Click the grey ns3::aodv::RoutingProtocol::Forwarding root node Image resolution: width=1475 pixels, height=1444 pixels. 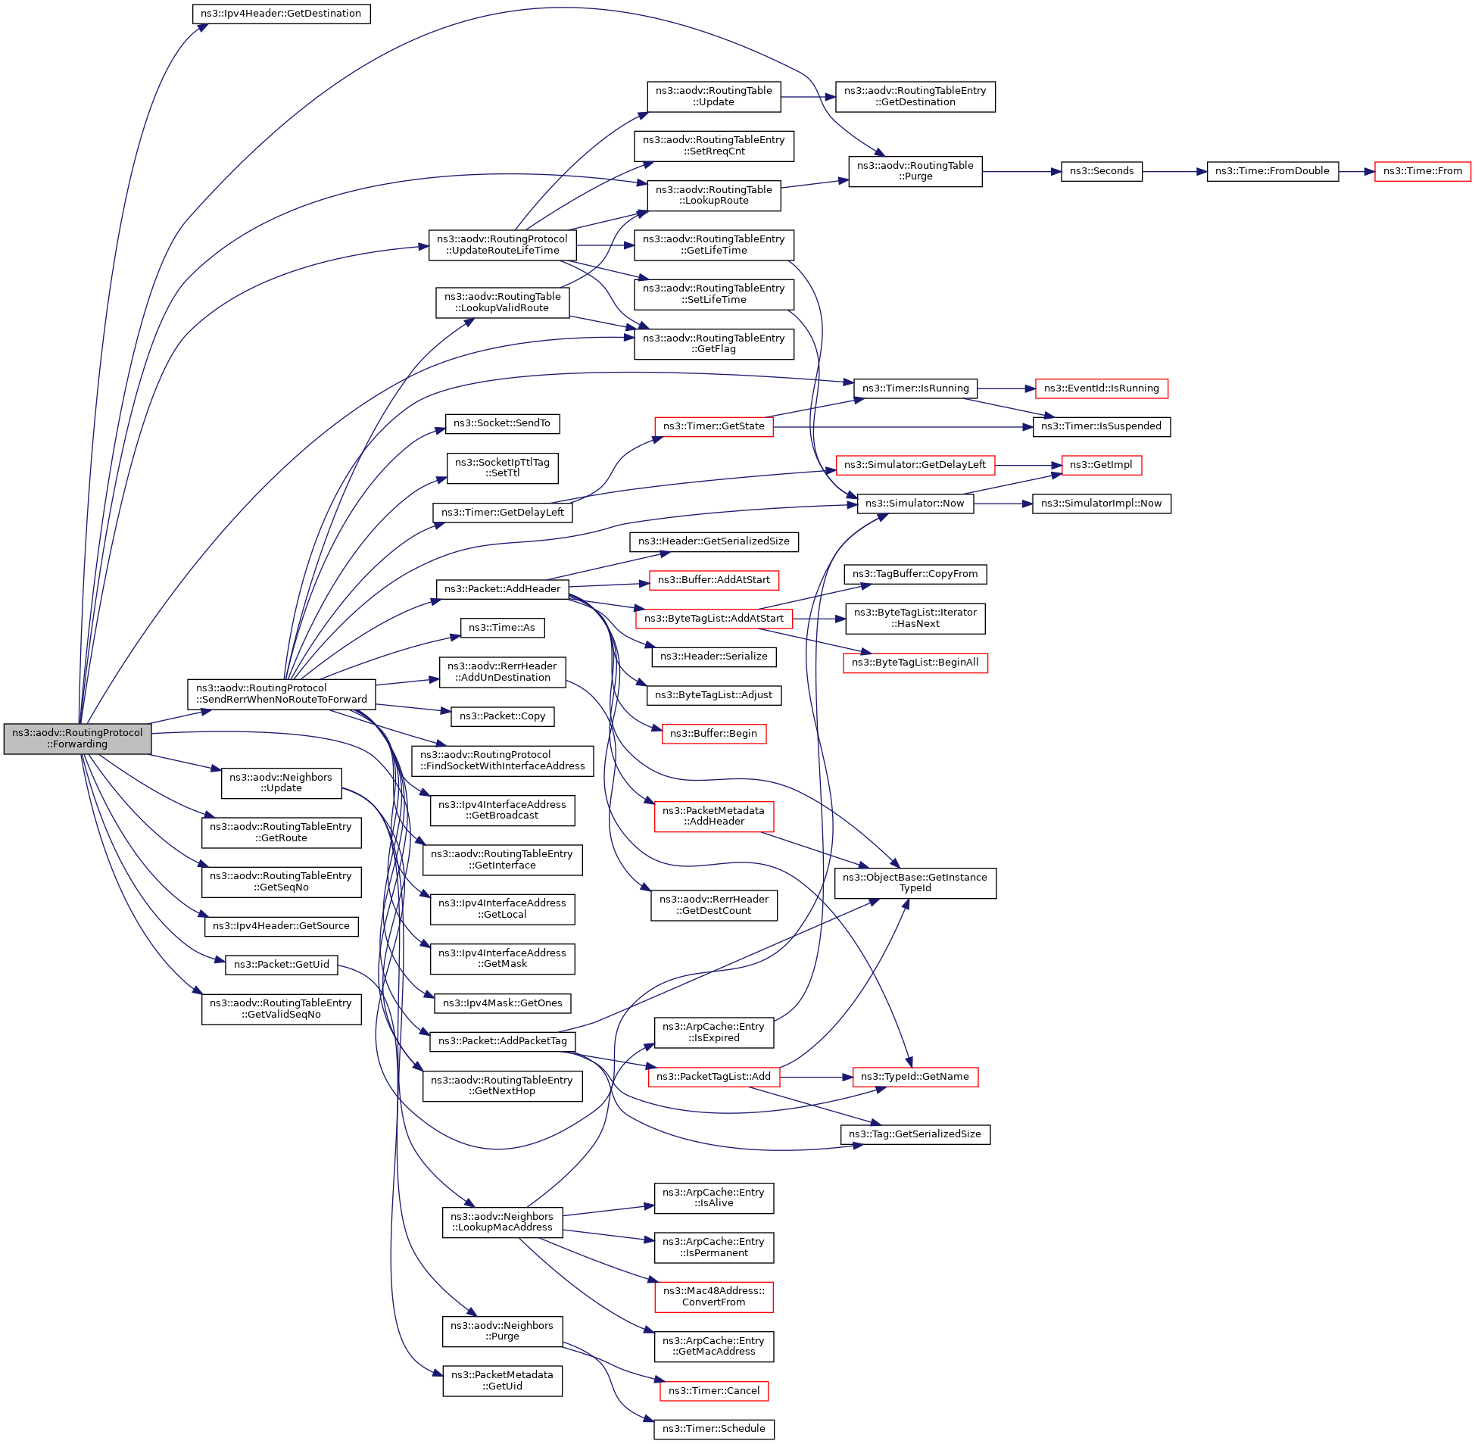pyautogui.click(x=77, y=739)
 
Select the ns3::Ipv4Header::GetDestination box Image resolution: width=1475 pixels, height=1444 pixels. pyautogui.click(x=281, y=14)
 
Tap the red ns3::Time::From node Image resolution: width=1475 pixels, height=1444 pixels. pyautogui.click(x=1422, y=171)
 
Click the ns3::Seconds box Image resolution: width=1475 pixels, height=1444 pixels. pyautogui.click(x=1101, y=171)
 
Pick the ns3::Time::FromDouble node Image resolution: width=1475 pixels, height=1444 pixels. pyautogui.click(x=1272, y=171)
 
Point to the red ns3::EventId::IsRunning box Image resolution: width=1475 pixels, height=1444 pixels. pyautogui.click(x=1101, y=388)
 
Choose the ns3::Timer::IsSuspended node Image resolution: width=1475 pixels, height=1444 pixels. pyautogui.click(x=1101, y=426)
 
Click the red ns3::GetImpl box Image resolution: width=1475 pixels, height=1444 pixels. pyautogui.click(x=1101, y=465)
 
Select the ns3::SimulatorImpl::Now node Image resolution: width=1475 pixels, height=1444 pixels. pyautogui.click(x=1101, y=504)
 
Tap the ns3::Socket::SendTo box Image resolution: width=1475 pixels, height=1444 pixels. pyautogui.click(x=502, y=423)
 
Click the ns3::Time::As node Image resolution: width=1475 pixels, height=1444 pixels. pyautogui.click(x=502, y=628)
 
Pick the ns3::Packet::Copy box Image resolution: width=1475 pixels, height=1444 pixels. pyautogui.click(x=502, y=716)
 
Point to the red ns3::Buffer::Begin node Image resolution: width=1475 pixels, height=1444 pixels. pyautogui.click(x=713, y=734)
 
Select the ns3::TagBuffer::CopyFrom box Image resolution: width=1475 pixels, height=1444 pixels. pyautogui.click(x=915, y=574)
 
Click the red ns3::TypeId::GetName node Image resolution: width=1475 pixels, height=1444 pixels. pyautogui.click(x=915, y=1077)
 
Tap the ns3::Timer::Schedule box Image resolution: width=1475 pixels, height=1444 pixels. pyautogui.click(x=713, y=1429)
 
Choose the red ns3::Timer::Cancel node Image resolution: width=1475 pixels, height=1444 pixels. pyautogui.click(x=713, y=1391)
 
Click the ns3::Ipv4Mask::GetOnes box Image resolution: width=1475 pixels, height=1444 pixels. pyautogui.click(x=502, y=1003)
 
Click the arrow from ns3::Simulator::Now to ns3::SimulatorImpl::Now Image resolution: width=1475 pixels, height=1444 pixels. pyautogui.click(x=1003, y=504)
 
